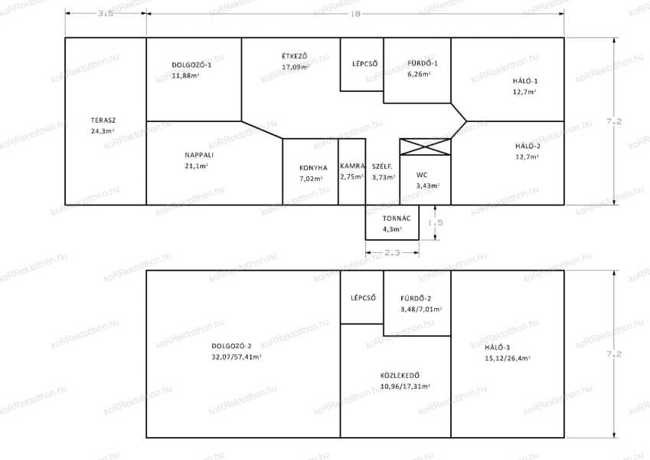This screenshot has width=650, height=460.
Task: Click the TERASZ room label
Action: (x=103, y=120)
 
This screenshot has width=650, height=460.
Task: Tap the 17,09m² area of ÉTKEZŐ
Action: (x=296, y=67)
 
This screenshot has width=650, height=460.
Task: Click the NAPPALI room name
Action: (x=199, y=156)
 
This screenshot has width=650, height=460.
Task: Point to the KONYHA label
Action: (x=313, y=168)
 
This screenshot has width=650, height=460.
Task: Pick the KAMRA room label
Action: (x=352, y=166)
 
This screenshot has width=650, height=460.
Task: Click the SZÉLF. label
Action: (x=382, y=166)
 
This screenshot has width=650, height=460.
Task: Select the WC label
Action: (x=422, y=175)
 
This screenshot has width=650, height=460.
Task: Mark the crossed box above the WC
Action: (x=426, y=147)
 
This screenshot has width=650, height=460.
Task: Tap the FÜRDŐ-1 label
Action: (x=423, y=64)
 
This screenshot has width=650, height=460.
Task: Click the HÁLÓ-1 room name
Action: (x=525, y=81)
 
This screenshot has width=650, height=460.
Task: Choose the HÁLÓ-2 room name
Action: (x=528, y=146)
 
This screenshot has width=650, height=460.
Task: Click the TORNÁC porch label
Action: (x=397, y=219)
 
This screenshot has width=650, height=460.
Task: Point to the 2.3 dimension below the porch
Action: (x=392, y=252)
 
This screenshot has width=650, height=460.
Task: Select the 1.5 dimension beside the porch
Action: (x=436, y=222)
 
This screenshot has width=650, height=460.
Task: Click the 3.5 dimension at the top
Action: (x=106, y=13)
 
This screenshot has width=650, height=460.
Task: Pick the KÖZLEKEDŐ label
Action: (x=400, y=376)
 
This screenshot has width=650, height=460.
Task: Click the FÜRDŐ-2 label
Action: (x=416, y=298)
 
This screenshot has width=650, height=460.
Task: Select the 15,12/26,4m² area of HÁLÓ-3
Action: (x=508, y=358)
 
